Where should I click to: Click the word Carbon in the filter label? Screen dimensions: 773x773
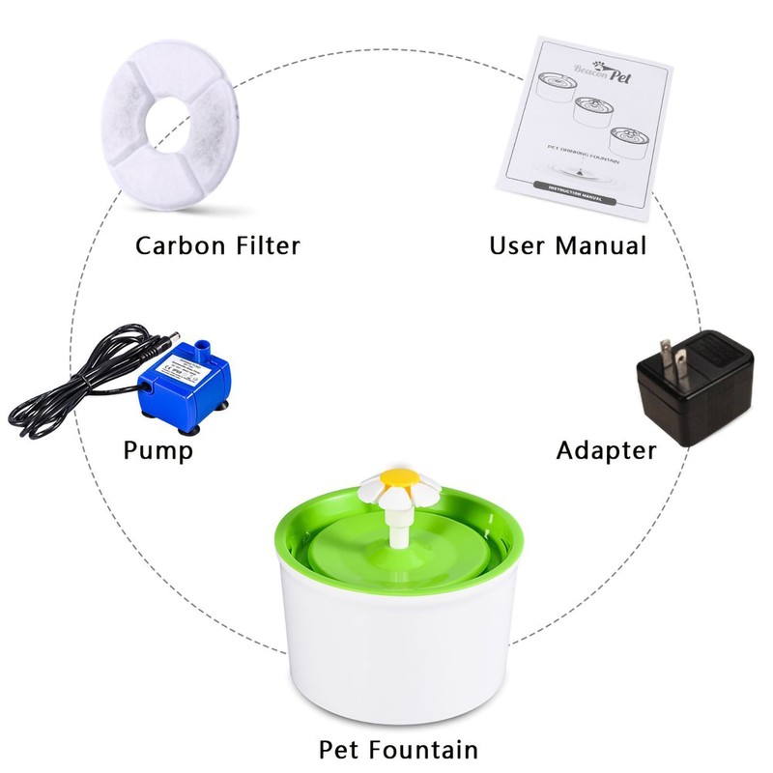point(181,244)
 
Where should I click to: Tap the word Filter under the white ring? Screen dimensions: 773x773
point(265,244)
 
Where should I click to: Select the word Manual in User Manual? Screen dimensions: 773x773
point(599,245)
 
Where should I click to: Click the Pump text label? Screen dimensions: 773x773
point(158,450)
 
